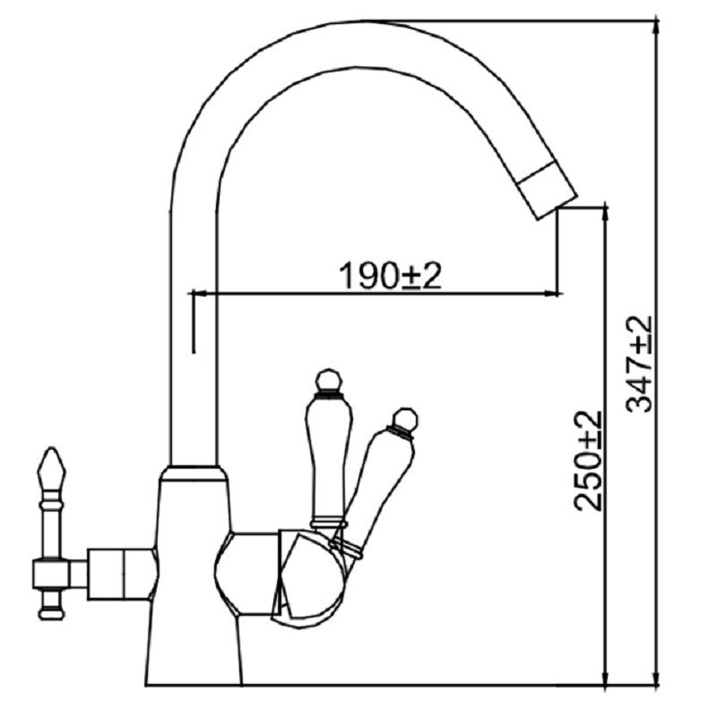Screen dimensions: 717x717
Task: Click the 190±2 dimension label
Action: (x=390, y=275)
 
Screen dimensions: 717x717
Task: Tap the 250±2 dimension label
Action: (x=588, y=461)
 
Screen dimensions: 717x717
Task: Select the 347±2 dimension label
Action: (x=639, y=364)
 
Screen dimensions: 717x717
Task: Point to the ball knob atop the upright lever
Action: (x=329, y=380)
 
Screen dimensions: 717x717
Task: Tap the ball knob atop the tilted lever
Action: (x=406, y=419)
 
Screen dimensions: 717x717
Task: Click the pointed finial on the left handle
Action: (x=51, y=468)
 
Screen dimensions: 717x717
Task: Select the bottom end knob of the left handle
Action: (x=51, y=612)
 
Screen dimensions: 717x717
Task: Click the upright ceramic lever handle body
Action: (x=329, y=458)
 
